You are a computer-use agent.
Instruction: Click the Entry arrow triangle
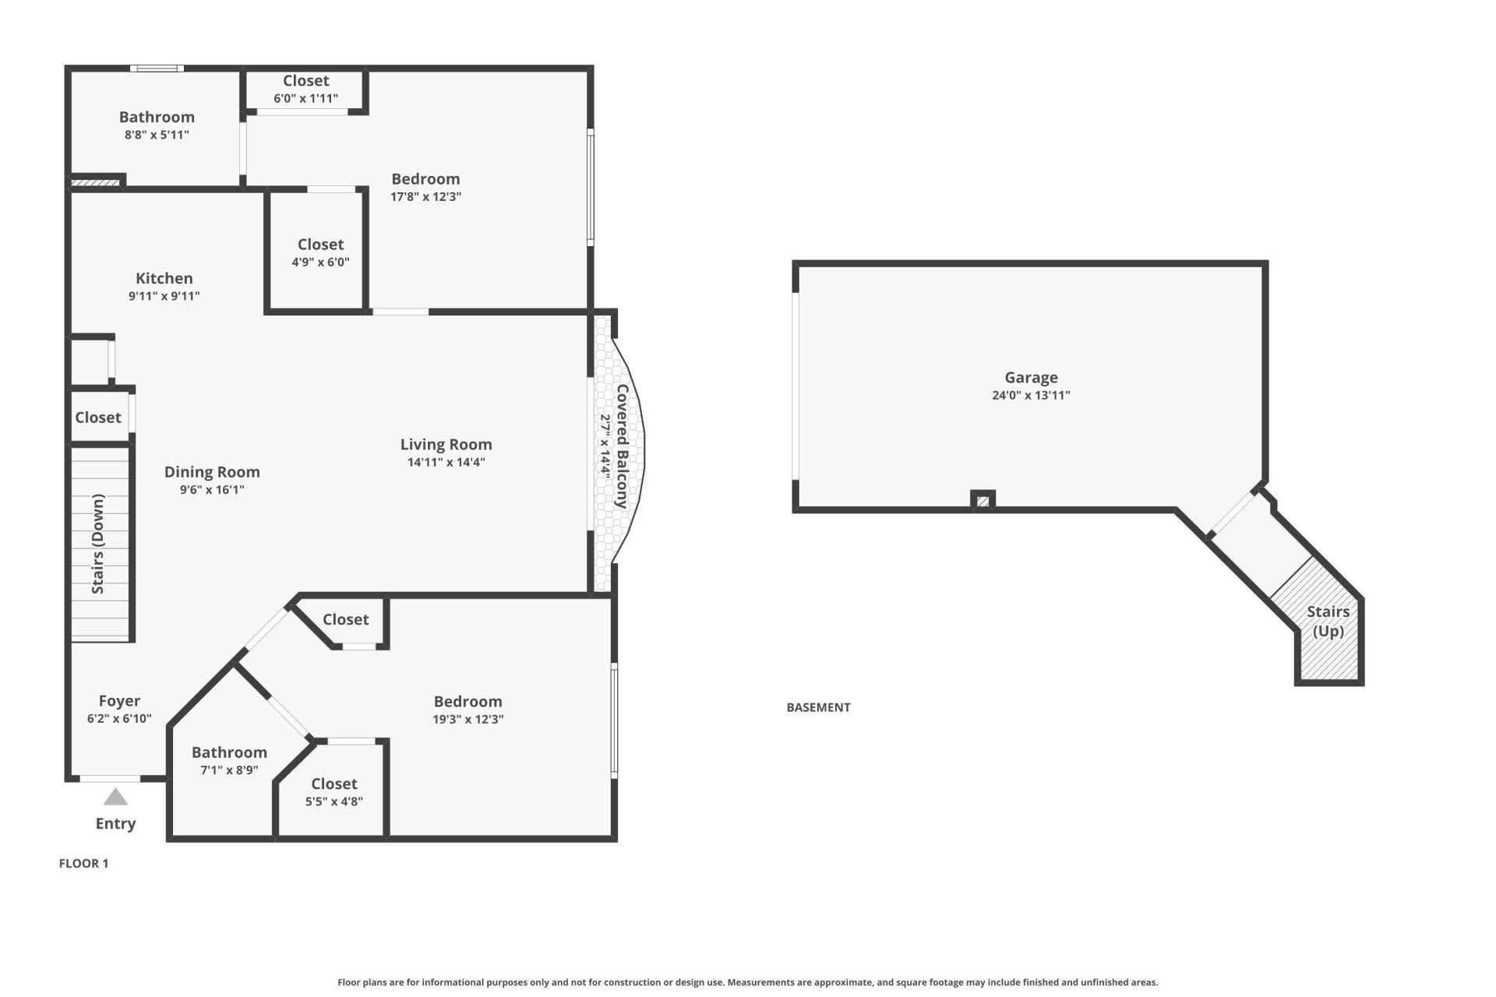(115, 797)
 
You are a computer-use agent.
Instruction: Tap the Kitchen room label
(164, 278)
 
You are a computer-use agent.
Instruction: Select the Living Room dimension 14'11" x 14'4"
(446, 462)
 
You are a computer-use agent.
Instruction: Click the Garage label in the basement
(1030, 378)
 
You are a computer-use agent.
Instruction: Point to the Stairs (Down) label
(98, 543)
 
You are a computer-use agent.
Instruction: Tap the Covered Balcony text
(622, 446)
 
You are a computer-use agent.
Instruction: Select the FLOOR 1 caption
(83, 863)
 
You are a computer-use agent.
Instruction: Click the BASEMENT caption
(818, 707)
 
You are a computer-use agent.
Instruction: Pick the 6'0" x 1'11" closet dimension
(305, 98)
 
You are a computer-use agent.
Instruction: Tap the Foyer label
(119, 701)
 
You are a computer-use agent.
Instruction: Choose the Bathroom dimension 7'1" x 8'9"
(229, 770)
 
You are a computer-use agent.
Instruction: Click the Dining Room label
(212, 472)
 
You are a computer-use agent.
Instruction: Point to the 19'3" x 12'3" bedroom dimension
(467, 719)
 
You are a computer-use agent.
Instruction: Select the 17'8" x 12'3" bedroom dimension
(425, 196)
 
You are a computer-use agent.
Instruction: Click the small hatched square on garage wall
(983, 501)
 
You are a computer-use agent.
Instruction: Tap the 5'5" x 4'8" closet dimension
(333, 801)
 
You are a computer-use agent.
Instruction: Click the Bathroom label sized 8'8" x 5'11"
(157, 117)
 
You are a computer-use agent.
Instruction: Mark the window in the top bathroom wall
(157, 69)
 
